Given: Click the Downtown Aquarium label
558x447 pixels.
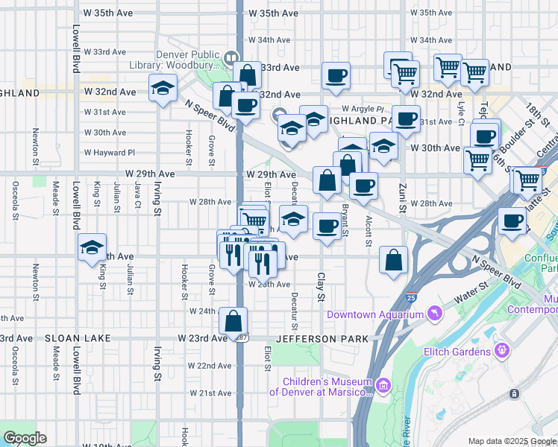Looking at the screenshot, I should pyautogui.click(x=374, y=315).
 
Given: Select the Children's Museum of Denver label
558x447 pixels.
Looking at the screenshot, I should pyautogui.click(x=321, y=387).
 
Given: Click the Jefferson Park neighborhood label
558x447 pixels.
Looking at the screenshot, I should pyautogui.click(x=322, y=339).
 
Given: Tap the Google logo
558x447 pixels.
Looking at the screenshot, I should pyautogui.click(x=25, y=438).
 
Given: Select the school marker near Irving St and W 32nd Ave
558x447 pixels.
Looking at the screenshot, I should pyautogui.click(x=162, y=89).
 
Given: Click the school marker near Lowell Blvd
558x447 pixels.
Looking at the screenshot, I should pyautogui.click(x=92, y=248).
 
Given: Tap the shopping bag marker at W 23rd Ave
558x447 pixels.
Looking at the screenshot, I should pyautogui.click(x=233, y=322).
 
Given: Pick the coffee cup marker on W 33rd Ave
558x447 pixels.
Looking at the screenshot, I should pyautogui.click(x=336, y=75).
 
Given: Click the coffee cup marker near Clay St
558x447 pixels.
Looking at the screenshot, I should pyautogui.click(x=326, y=227).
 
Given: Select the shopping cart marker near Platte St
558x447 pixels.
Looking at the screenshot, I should pyautogui.click(x=526, y=180).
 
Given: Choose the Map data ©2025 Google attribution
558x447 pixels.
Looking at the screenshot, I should pyautogui.click(x=512, y=441).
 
